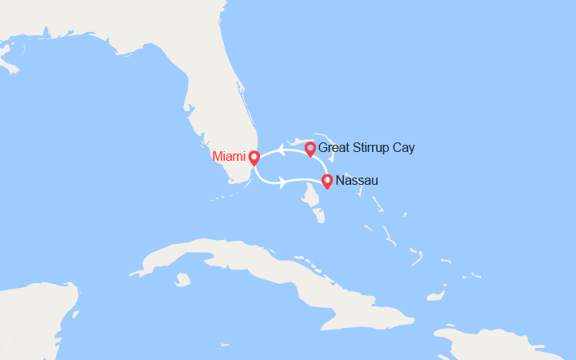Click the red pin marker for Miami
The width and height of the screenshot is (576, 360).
tap(254, 158)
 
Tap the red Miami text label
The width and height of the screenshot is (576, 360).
tap(230, 157)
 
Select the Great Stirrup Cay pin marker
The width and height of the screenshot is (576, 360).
tap(310, 148)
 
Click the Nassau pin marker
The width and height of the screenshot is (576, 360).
tap(326, 181)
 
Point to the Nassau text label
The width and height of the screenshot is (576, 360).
tap(358, 181)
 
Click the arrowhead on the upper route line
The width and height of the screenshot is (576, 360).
tap(282, 148)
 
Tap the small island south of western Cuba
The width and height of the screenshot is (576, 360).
tap(183, 280)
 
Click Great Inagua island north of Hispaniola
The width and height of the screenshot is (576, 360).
tap(435, 296)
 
